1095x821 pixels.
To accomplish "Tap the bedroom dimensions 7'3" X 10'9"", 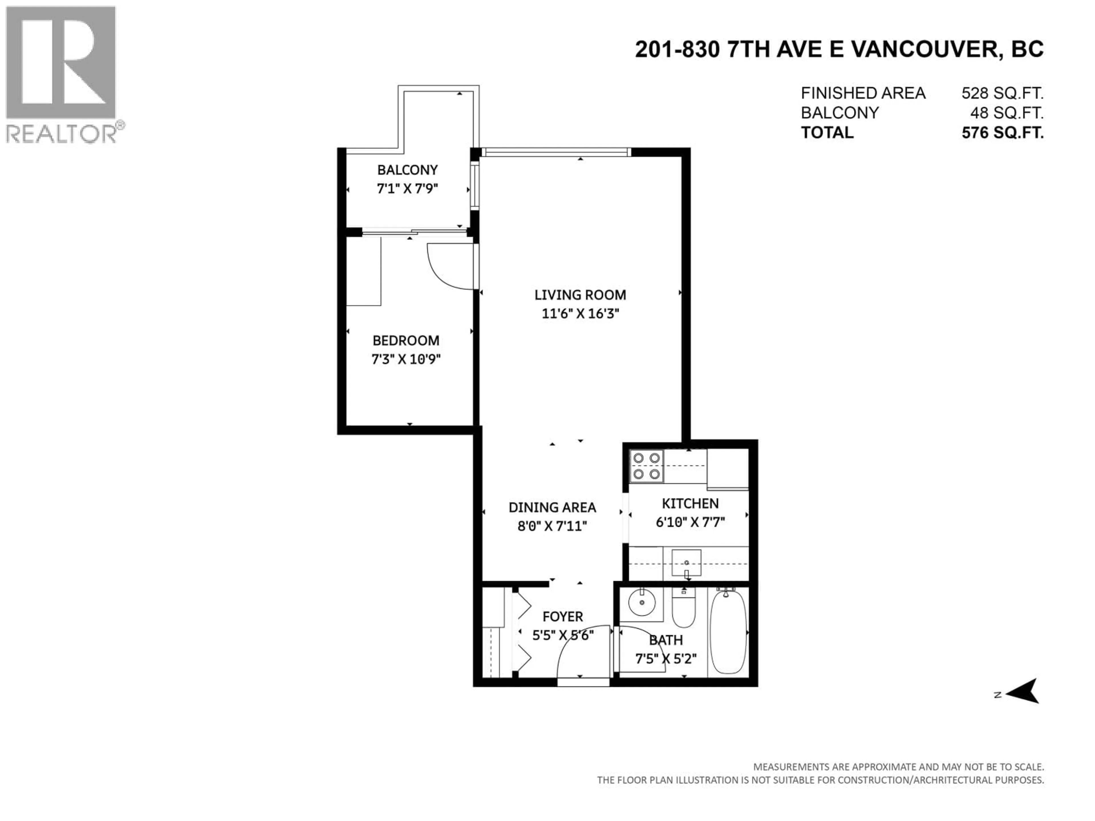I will pos(406,359).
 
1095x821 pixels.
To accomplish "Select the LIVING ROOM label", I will pos(580,295).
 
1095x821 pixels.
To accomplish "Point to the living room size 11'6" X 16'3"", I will pos(580,314).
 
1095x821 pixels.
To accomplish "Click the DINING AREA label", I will pos(552,508).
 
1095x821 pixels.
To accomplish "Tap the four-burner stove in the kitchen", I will pos(646,466).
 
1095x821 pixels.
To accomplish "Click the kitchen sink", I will pos(686,564).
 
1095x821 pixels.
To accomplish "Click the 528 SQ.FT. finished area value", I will pos(1002,93).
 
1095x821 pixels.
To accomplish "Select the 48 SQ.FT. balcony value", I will pos(1006,113).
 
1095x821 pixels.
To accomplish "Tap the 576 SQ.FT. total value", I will pos(1002,133).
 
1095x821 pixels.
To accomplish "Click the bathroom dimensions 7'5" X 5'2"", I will pos(666,659).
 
